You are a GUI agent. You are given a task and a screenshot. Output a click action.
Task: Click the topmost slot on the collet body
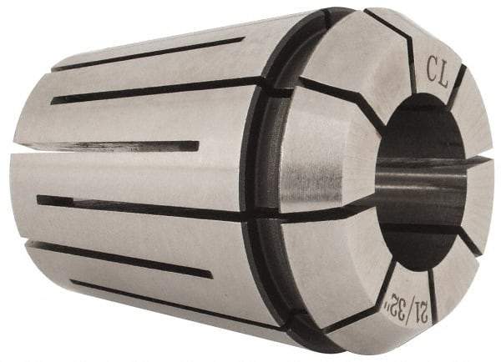point(150,53)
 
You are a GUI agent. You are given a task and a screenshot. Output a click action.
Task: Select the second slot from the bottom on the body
point(125,259)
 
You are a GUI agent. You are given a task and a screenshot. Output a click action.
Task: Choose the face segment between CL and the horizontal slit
point(473,117)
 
